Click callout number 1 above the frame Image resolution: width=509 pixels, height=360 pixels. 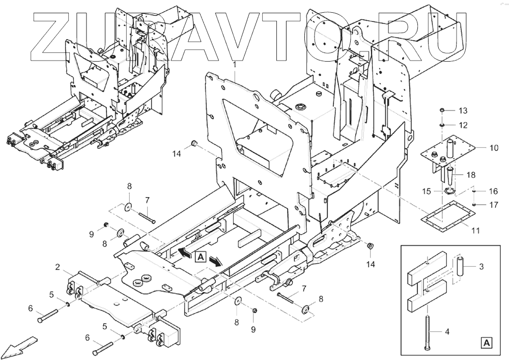coord(235,65)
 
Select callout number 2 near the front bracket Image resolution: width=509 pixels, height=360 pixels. coord(58,266)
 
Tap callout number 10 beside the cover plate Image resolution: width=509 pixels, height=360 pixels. coord(494,149)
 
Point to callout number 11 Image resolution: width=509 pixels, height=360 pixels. coord(475,231)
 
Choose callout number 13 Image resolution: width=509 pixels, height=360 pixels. coord(462,111)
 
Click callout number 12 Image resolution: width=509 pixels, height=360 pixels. coord(462,125)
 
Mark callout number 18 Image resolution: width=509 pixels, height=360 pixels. coord(471,174)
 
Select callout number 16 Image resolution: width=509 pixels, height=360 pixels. coord(494,191)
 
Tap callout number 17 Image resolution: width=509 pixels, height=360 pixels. coord(494,205)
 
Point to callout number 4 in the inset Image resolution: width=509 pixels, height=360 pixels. coord(447,332)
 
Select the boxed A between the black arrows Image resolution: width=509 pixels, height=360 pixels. coord(201,257)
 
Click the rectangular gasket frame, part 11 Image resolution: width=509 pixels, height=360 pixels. coord(443,219)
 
